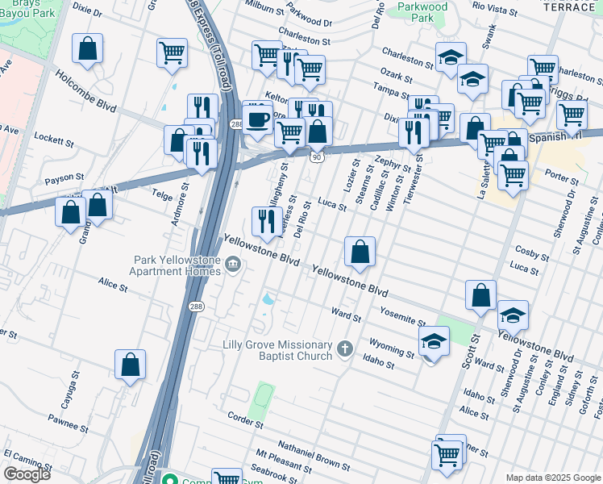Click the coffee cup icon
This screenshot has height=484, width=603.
coord(257,119)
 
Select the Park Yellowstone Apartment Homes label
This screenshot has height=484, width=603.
coord(177,265)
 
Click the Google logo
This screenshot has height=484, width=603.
coord(27,474)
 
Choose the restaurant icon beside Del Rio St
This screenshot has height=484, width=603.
coord(267,221)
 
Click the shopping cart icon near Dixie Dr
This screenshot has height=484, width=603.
coord(172,55)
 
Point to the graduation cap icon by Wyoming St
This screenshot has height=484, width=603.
coord(433,343)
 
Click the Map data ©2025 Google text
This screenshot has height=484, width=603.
coord(553,478)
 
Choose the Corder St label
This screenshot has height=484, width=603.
coord(245,421)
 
